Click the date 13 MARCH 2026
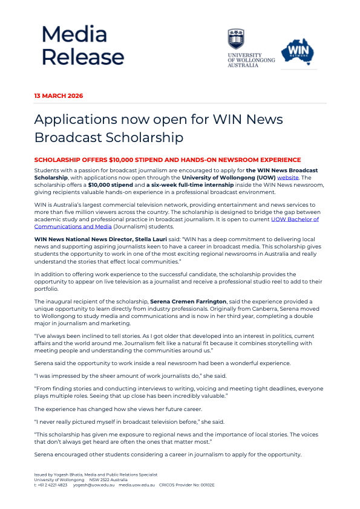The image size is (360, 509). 59,96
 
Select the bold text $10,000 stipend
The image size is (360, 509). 100,185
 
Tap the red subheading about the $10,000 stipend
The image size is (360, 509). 168,160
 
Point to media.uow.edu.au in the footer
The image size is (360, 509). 137,485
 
